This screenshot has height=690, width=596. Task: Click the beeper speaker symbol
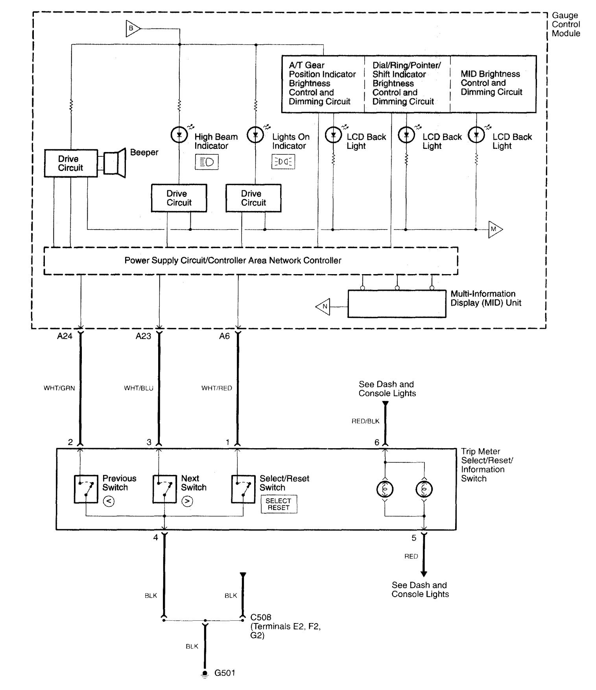(115, 162)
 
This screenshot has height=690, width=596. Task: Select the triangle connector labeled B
(132, 29)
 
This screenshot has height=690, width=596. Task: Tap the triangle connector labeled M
(495, 229)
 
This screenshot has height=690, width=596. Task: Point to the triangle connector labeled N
(324, 306)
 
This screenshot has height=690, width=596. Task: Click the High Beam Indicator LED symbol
(179, 135)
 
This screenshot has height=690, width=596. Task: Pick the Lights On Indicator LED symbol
(255, 135)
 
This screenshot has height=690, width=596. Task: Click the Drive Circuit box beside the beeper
(71, 163)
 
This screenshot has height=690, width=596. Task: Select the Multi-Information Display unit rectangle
(397, 304)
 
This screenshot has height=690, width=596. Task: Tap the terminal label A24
(65, 336)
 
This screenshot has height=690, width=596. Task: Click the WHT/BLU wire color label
(138, 388)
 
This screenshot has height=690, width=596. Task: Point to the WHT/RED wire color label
(216, 388)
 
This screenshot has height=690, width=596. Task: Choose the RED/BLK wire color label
(365, 421)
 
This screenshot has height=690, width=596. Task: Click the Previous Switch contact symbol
(86, 489)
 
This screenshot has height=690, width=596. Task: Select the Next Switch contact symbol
(164, 489)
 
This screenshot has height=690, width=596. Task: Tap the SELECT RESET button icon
(279, 504)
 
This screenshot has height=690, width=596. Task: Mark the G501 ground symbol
(205, 674)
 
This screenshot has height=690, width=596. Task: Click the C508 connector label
(261, 617)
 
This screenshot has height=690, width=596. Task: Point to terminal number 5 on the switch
(414, 538)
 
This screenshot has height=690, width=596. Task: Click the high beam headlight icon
(207, 162)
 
